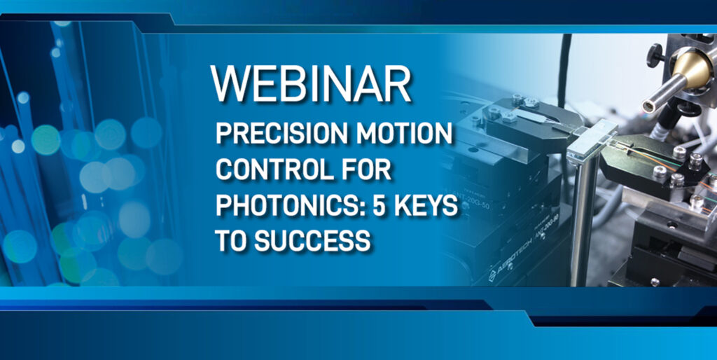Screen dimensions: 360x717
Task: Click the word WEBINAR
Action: tap(311, 84)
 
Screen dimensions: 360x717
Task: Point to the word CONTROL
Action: tap(267, 170)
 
